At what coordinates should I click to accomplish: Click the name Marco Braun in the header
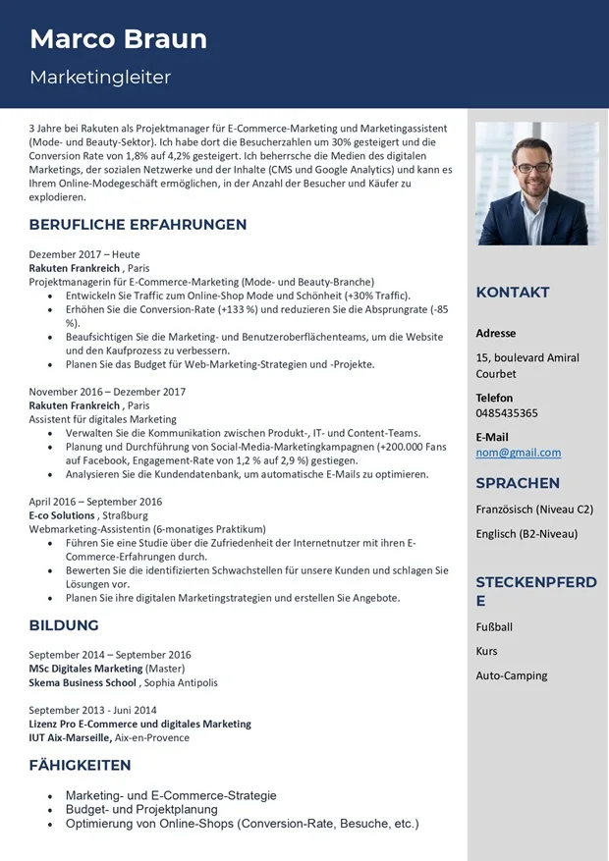click(118, 39)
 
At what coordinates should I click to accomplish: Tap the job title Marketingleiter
click(100, 77)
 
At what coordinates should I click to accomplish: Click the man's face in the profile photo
click(533, 162)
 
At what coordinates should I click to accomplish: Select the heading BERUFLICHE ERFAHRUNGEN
click(138, 225)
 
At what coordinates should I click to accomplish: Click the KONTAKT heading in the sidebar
click(513, 293)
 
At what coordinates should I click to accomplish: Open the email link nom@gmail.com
click(519, 453)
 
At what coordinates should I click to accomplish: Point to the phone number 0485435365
click(507, 413)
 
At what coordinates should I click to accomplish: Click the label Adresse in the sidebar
click(496, 333)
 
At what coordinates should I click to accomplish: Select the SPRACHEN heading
click(518, 483)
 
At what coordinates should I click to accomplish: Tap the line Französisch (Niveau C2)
click(534, 510)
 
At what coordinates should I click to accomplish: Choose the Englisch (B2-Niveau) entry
click(526, 534)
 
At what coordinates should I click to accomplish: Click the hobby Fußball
click(494, 626)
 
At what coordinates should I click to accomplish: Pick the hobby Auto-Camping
click(512, 675)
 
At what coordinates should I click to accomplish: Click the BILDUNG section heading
click(64, 625)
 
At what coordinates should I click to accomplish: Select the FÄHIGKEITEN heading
click(80, 765)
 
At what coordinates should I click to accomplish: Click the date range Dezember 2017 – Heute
click(84, 254)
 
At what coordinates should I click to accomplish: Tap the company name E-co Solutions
click(62, 514)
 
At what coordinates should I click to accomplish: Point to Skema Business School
click(83, 682)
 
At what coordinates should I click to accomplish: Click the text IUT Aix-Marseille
click(70, 737)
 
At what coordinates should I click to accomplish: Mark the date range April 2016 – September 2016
click(95, 502)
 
